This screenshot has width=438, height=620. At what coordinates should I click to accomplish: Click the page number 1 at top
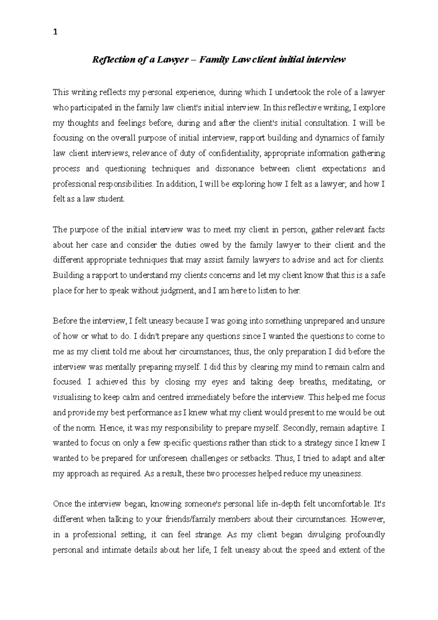pos(55,32)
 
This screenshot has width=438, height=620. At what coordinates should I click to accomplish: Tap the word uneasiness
pos(343,474)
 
